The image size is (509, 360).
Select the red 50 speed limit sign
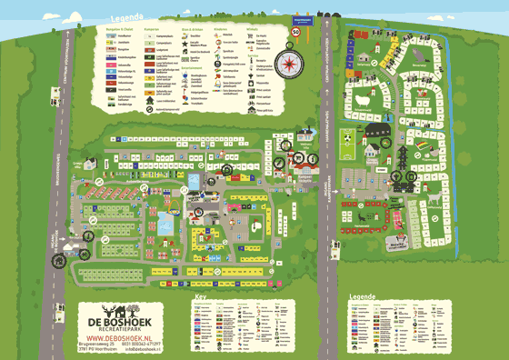tap(295, 32)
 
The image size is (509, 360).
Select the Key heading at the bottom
tap(200, 298)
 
